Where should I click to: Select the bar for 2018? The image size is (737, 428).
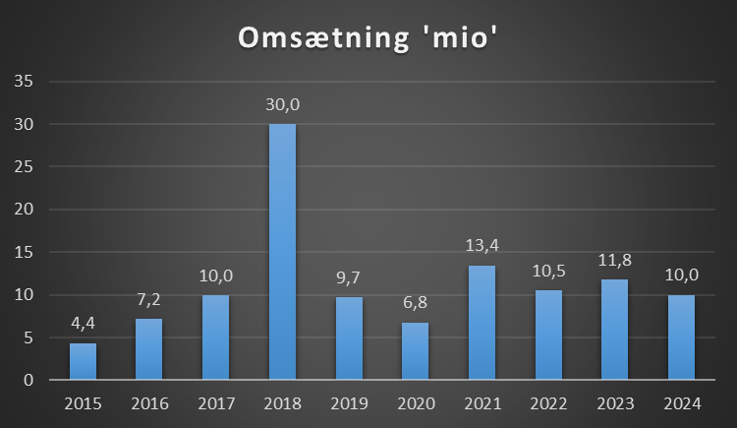282,252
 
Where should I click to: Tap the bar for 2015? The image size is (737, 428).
83,361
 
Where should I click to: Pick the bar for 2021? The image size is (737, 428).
482,323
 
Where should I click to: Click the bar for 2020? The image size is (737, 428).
415,350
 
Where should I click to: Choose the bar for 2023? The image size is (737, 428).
614,330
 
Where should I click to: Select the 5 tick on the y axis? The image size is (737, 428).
28,337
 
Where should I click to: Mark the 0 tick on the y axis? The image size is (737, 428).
28,380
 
